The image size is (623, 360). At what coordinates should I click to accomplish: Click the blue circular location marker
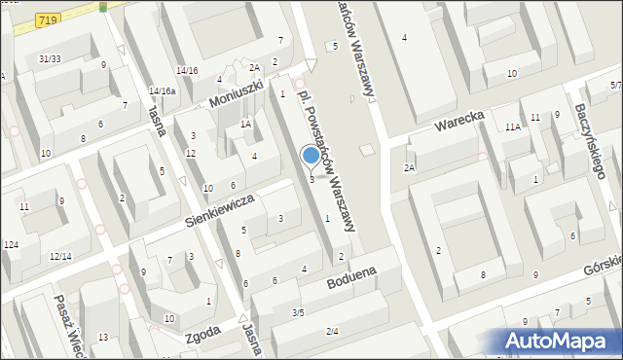pyautogui.click(x=311, y=156)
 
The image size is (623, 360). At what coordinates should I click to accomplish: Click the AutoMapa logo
pyautogui.click(x=560, y=341)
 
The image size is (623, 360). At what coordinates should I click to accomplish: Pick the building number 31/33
pyautogui.click(x=50, y=59)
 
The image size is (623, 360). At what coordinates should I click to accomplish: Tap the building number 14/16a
pyautogui.click(x=163, y=91)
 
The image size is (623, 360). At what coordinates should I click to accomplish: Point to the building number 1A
pyautogui.click(x=246, y=124)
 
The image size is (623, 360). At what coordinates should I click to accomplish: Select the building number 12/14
pyautogui.click(x=60, y=256)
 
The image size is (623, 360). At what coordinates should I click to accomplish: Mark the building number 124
pyautogui.click(x=11, y=244)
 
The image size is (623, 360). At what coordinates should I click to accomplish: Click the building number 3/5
pyautogui.click(x=298, y=312)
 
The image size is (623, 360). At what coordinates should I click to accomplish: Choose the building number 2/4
pyautogui.click(x=332, y=332)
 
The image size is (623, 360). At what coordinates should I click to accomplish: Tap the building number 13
pyautogui.click(x=102, y=337)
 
